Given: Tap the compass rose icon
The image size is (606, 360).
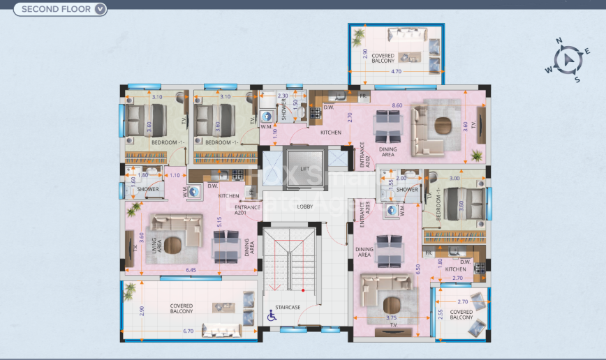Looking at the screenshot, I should [x=570, y=60].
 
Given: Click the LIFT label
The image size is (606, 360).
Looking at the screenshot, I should [x=304, y=170].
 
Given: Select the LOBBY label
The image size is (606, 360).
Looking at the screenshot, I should [x=304, y=207].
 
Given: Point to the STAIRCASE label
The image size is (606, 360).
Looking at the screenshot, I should [x=287, y=307].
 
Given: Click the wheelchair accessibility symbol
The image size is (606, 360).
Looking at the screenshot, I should [x=272, y=317].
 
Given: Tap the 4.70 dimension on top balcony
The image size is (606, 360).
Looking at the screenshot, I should [x=397, y=71].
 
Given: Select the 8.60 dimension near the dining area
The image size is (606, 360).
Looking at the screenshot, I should [x=397, y=105].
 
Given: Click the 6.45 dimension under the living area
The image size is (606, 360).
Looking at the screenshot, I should [x=190, y=270].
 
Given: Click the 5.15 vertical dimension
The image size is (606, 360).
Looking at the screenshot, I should [x=219, y=223].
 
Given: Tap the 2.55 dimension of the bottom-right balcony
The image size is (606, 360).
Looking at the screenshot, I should [x=440, y=315].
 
